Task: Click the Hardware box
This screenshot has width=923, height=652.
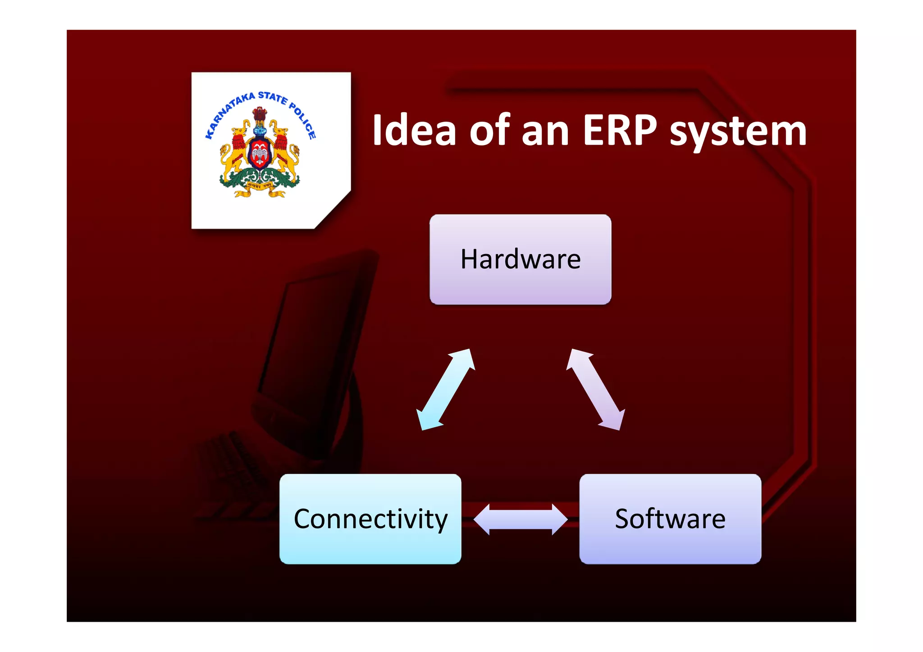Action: click(520, 260)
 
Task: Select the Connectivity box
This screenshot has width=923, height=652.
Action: click(370, 519)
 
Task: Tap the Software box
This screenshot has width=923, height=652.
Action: click(670, 519)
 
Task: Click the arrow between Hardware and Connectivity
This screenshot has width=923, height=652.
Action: click(445, 390)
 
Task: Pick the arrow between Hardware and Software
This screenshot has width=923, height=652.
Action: click(595, 390)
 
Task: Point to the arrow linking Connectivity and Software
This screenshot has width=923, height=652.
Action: click(521, 520)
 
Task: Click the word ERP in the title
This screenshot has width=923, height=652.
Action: click(620, 131)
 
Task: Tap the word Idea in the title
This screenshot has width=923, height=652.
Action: click(414, 131)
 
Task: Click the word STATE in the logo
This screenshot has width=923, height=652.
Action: click(272, 97)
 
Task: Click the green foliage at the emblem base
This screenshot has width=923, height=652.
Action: click(259, 180)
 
